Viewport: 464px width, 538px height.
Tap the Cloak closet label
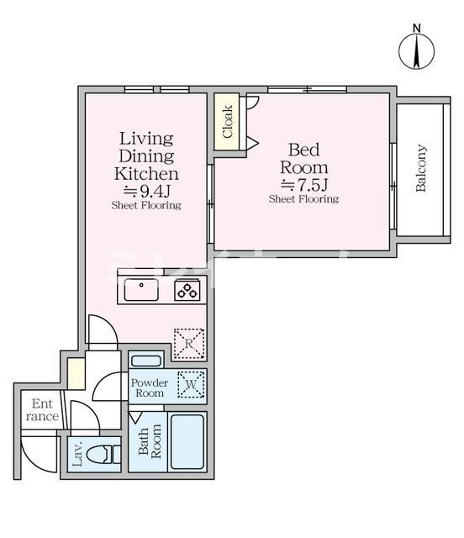tap(228, 122)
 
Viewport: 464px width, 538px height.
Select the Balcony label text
tap(421, 168)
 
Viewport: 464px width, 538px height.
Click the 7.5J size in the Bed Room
tap(304, 185)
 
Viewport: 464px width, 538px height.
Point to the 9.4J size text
tap(147, 192)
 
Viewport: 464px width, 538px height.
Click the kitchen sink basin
tap(141, 290)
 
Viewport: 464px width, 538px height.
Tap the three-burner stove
tap(187, 290)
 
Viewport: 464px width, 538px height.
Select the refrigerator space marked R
tap(189, 344)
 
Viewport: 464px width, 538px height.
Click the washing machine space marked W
tap(191, 384)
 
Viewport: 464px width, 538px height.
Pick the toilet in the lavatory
tap(103, 456)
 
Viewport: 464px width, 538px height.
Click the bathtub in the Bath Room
tap(187, 442)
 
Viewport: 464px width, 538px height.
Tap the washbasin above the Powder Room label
tap(146, 361)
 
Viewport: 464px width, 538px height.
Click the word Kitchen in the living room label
tap(146, 174)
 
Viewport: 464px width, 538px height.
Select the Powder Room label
tap(150, 388)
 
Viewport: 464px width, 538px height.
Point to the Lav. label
tap(77, 454)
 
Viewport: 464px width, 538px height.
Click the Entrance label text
tap(42, 410)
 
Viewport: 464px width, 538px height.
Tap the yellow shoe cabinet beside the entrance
tap(76, 373)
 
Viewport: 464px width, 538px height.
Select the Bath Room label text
tap(150, 441)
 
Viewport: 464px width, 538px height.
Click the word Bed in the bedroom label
tap(304, 150)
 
